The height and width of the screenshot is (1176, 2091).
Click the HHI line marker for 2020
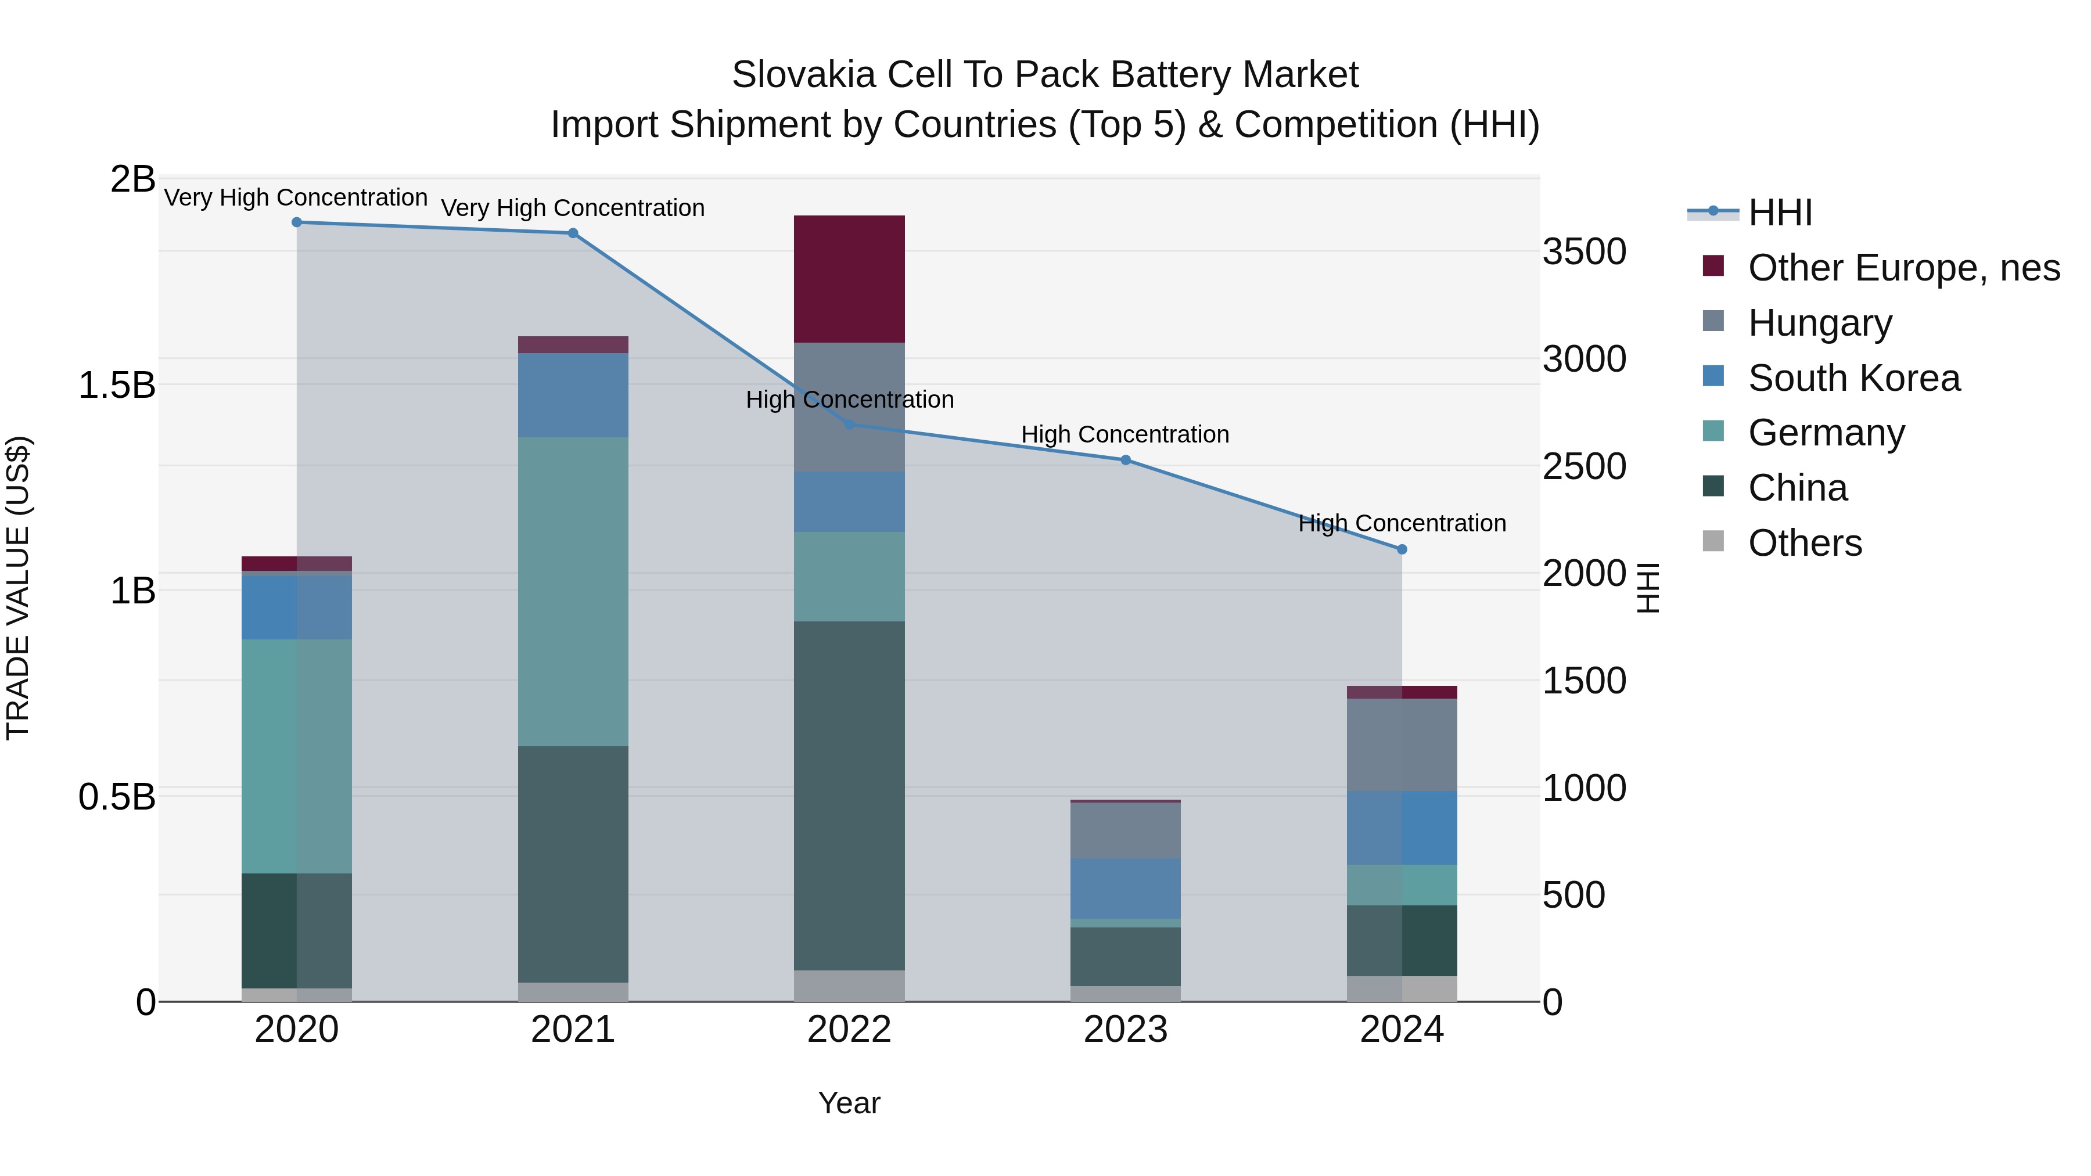[x=296, y=222]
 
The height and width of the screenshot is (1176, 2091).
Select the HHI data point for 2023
[x=1125, y=460]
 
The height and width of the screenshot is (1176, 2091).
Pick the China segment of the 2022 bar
[x=849, y=796]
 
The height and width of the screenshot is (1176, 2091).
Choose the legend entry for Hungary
[x=1819, y=323]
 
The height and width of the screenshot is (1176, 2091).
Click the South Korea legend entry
[x=1853, y=378]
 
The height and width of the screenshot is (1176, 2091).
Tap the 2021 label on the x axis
[x=573, y=1030]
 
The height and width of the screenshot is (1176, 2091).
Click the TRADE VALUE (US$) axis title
[x=18, y=588]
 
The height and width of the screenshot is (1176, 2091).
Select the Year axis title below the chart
[x=849, y=1103]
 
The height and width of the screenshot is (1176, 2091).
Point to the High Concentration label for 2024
[x=1402, y=523]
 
